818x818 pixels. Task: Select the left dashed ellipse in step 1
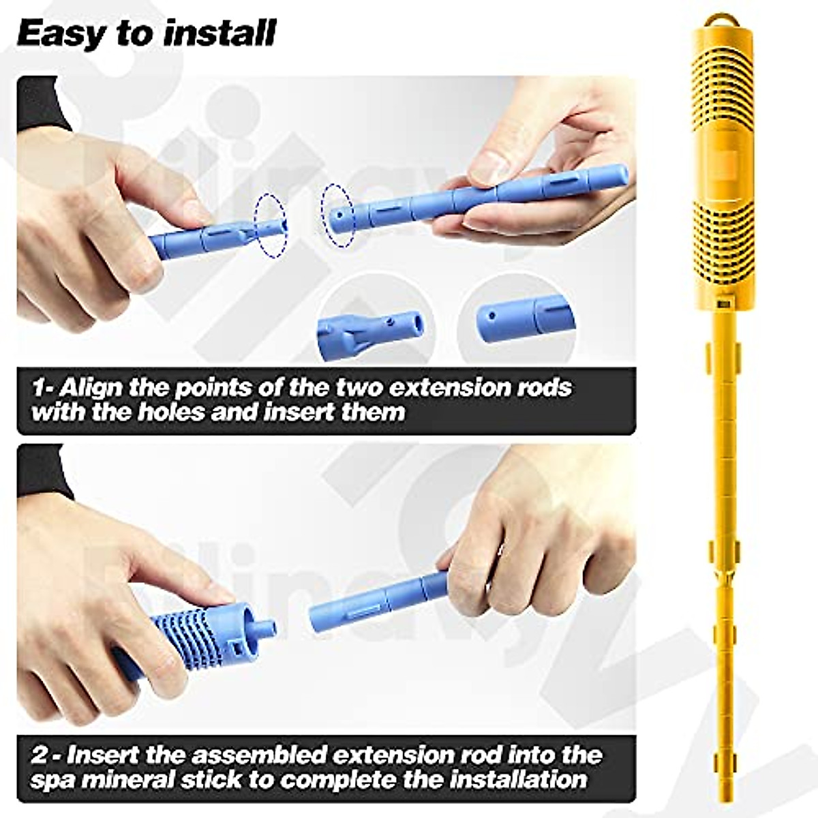[270, 226]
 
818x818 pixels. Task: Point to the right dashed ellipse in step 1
[339, 214]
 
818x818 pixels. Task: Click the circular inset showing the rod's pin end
[372, 325]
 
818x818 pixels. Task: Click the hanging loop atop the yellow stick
[717, 20]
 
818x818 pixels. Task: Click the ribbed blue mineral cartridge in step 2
[184, 634]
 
